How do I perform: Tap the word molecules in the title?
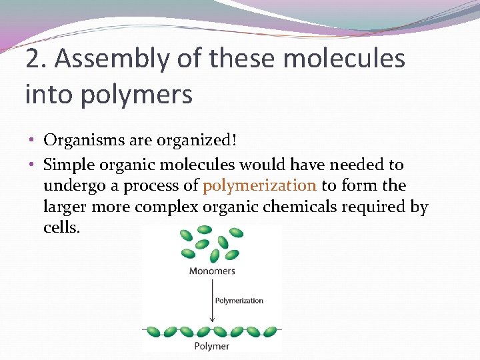[344, 59]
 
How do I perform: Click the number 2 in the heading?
[32, 59]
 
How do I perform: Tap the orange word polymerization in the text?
[259, 185]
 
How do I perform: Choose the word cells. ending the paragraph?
[61, 227]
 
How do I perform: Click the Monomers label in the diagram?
[212, 271]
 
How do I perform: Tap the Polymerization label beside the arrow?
[239, 301]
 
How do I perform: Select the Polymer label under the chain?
[211, 346]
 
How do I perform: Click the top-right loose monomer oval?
[236, 233]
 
